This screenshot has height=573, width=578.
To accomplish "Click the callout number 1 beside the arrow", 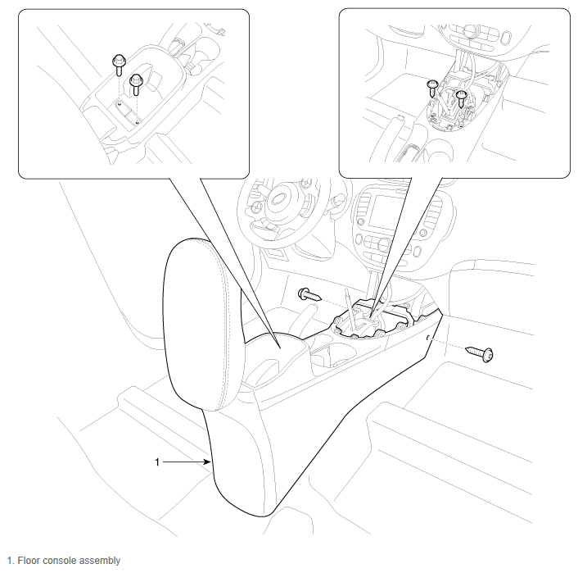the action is [157, 462].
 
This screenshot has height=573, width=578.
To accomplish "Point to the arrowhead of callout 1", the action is [208, 462].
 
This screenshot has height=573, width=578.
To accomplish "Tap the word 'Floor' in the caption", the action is [29, 561].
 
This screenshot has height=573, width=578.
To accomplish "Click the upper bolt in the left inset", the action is [119, 64].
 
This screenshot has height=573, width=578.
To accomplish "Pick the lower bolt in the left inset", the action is [136, 84].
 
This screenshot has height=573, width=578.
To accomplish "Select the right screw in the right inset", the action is [461, 98].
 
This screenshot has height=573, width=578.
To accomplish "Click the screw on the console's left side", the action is [309, 294].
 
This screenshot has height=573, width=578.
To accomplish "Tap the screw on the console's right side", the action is [480, 353].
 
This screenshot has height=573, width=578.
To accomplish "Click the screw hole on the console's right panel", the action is [427, 338].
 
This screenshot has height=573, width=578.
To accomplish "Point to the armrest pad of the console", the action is [204, 324].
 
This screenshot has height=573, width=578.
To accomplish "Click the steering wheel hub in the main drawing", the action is [279, 199].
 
